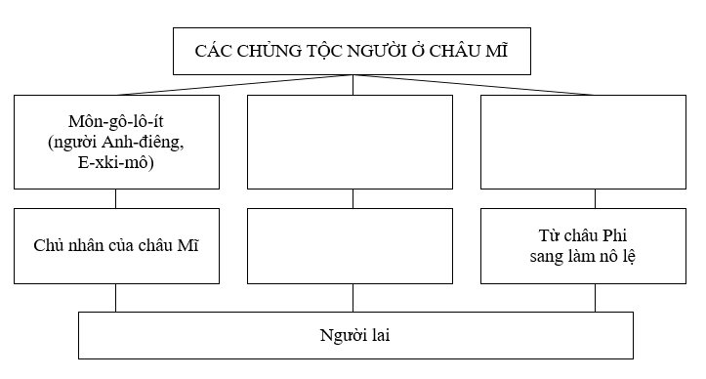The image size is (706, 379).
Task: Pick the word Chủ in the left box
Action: point(49,244)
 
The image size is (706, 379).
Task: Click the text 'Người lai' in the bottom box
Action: point(354,335)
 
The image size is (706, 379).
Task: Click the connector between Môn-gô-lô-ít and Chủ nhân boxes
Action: point(116,197)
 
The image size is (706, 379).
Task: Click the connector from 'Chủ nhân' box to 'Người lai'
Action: point(116,297)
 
